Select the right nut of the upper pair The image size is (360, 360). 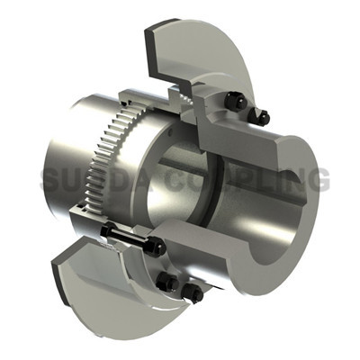click(x=262, y=117)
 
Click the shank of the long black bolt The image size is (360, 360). click(x=130, y=239)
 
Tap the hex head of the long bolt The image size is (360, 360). click(x=106, y=232)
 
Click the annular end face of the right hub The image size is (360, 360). click(x=297, y=234)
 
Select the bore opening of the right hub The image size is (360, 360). click(x=274, y=211)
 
